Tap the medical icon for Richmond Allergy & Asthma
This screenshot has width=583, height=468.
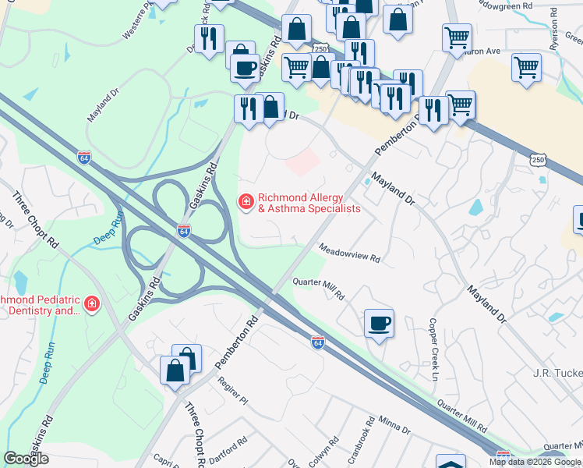(246, 203)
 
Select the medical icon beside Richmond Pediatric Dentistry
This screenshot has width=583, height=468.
(92, 304)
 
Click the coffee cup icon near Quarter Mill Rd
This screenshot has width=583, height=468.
(379, 324)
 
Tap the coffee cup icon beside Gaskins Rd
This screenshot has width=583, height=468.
(245, 68)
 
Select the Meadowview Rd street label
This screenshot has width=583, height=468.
(349, 252)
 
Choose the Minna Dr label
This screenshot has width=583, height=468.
(395, 426)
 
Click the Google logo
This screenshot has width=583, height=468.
(26, 459)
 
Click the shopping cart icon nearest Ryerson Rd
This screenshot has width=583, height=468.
(527, 67)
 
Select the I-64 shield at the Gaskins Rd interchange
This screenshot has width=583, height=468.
(183, 232)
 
